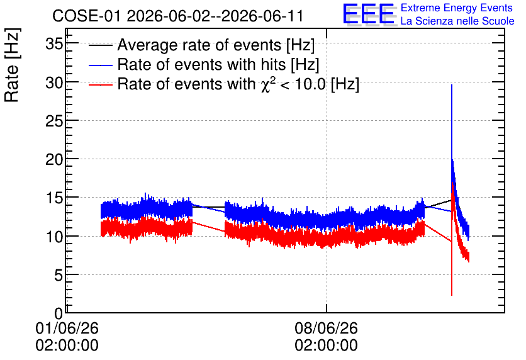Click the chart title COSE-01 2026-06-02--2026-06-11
pyautogui.click(x=178, y=16)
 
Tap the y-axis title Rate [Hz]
pyautogui.click(x=12, y=65)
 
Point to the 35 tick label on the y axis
pyautogui.click(x=54, y=43)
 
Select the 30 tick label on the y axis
pyautogui.click(x=54, y=82)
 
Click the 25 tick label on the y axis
pyautogui.click(x=54, y=121)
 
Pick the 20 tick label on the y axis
pyautogui.click(x=54, y=159)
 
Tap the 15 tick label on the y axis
pyautogui.click(x=54, y=198)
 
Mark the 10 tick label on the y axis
pyautogui.click(x=54, y=237)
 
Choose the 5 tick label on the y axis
pyautogui.click(x=59, y=276)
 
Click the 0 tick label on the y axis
pyautogui.click(x=59, y=313)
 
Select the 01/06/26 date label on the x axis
pyautogui.click(x=67, y=328)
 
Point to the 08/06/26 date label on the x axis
pyautogui.click(x=327, y=328)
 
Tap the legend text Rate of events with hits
pyautogui.click(x=218, y=64)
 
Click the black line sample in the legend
pyautogui.click(x=100, y=45)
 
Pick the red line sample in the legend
pyautogui.click(x=100, y=84)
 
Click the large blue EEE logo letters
pyautogui.click(x=369, y=14)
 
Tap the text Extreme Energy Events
pyautogui.click(x=457, y=8)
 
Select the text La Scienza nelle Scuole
pyautogui.click(x=457, y=21)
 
